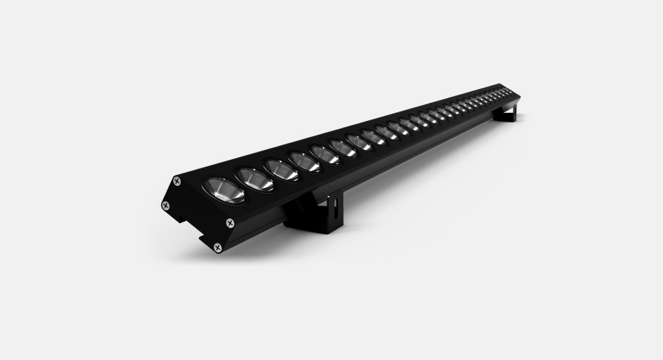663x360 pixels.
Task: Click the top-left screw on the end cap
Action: (x=176, y=181)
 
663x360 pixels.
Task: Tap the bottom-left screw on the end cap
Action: (x=166, y=206)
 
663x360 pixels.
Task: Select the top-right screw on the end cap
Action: (x=230, y=222)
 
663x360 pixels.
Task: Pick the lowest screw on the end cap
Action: (x=217, y=248)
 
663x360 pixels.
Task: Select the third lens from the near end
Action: (x=282, y=170)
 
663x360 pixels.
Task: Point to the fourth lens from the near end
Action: (x=305, y=162)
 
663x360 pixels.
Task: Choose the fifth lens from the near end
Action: (x=325, y=154)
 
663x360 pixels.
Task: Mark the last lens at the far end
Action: (x=508, y=91)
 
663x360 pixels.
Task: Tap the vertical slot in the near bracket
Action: (x=331, y=210)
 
